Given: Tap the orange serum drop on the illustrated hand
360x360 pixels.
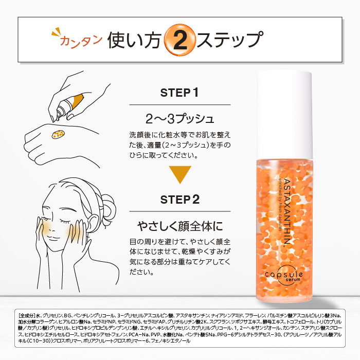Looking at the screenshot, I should coord(58,134).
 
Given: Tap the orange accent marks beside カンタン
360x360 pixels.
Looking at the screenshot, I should coord(55,35).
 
